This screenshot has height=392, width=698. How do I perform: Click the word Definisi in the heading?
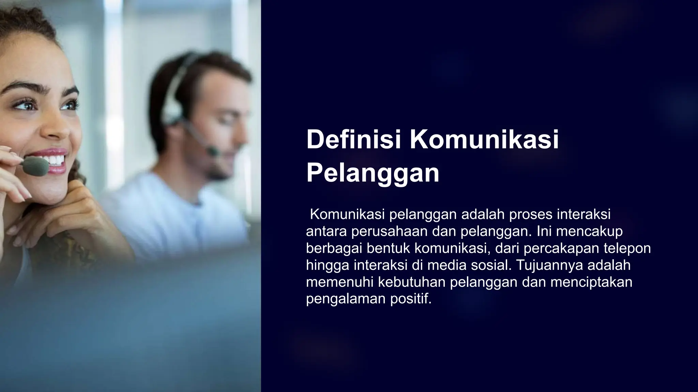tap(354, 139)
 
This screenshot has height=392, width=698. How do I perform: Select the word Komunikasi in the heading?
tap(484, 139)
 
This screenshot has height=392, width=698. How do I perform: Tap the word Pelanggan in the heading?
tap(373, 173)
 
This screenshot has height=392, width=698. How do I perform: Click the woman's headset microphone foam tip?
tap(35, 166)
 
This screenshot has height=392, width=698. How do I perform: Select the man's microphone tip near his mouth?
tap(213, 150)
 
